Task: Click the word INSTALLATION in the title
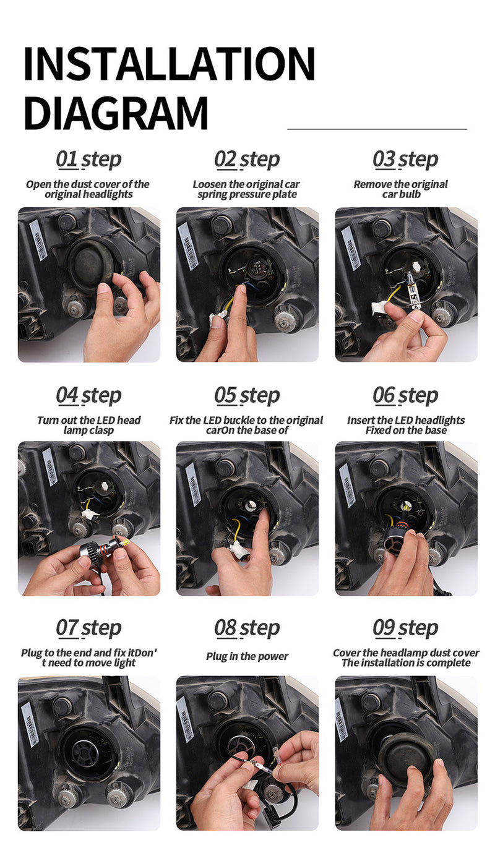click(170, 64)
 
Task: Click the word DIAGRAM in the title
click(116, 113)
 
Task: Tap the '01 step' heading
click(88, 160)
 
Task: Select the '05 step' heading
click(247, 396)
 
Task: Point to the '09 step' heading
click(405, 628)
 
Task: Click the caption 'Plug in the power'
click(247, 656)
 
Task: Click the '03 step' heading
click(405, 160)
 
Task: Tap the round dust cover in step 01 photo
click(90, 262)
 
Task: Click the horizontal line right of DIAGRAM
click(377, 129)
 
